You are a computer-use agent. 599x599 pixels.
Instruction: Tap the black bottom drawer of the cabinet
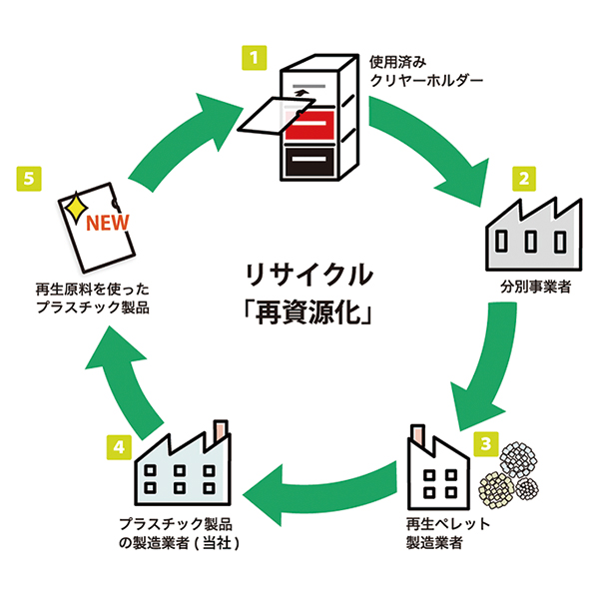pos(311,162)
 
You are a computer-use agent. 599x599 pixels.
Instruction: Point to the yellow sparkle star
pos(74,208)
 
